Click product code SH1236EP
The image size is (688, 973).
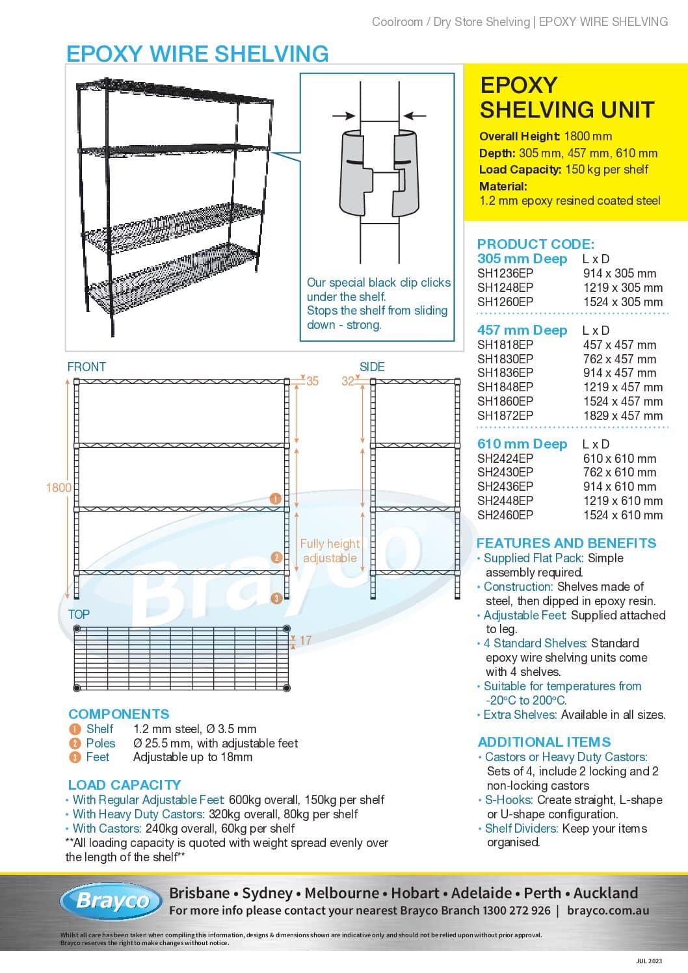click(x=505, y=273)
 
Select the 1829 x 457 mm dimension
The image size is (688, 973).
click(x=622, y=415)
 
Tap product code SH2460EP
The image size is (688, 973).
click(x=505, y=515)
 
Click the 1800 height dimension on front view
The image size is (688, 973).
click(x=59, y=487)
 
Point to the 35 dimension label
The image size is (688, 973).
click(x=313, y=382)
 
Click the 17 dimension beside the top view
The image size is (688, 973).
click(x=305, y=640)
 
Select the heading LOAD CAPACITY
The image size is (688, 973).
click(x=124, y=785)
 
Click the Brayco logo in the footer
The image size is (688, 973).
click(x=111, y=901)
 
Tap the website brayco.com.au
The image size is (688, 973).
click(x=607, y=910)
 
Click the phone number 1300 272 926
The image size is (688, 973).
click(x=516, y=910)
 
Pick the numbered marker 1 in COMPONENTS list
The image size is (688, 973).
click(x=75, y=729)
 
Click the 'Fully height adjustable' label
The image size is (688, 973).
click(x=330, y=551)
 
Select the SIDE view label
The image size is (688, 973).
click(x=372, y=367)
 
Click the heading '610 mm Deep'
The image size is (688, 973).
click(x=522, y=444)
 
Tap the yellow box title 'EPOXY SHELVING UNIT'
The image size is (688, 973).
click(x=566, y=97)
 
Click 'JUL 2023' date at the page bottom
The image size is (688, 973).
click(x=648, y=961)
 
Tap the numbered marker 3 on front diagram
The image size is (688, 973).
click(x=276, y=598)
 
